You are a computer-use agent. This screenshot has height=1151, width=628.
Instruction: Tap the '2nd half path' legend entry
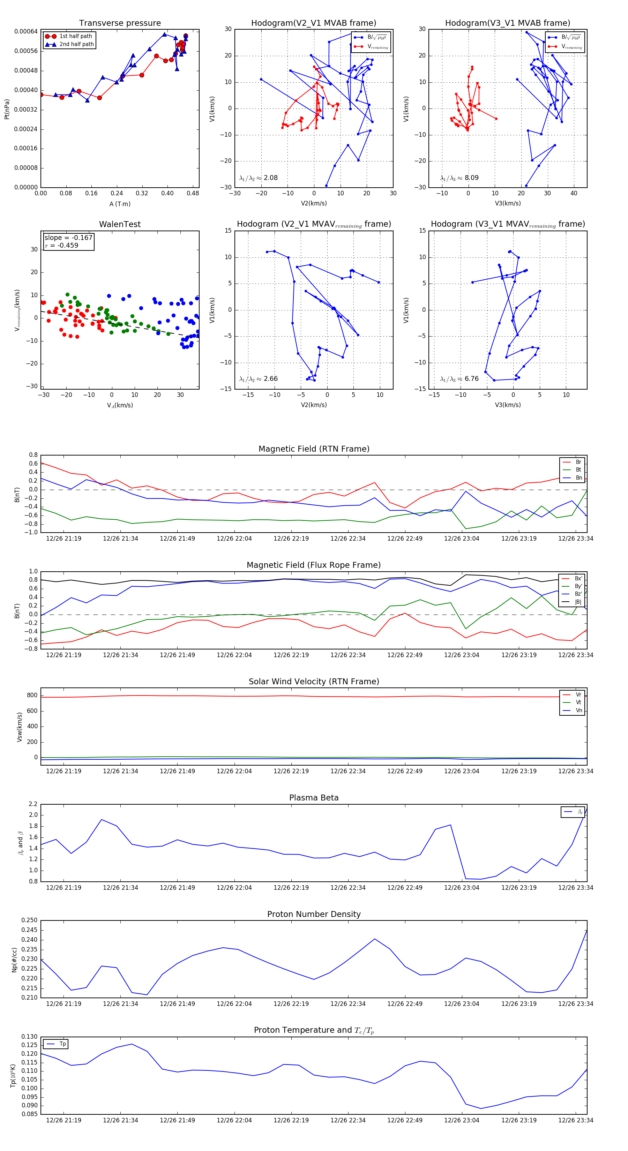[x=76, y=44]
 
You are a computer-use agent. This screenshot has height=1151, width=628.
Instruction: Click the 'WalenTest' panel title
[x=120, y=224]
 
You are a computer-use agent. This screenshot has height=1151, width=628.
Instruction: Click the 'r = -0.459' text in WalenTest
[x=61, y=245]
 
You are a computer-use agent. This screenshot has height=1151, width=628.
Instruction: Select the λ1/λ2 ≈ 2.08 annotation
[x=258, y=178]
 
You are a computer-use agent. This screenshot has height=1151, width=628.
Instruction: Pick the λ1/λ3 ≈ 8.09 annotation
[x=459, y=178]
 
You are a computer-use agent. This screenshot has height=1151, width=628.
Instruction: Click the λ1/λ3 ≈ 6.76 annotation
[x=459, y=379]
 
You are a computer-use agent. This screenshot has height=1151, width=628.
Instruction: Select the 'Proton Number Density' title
[x=314, y=914]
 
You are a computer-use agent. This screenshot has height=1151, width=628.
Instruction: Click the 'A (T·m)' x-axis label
[x=120, y=204]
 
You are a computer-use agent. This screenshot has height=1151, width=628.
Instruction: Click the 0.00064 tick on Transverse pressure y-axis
[x=26, y=31]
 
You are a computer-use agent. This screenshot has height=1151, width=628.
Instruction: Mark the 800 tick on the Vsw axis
[x=32, y=695]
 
